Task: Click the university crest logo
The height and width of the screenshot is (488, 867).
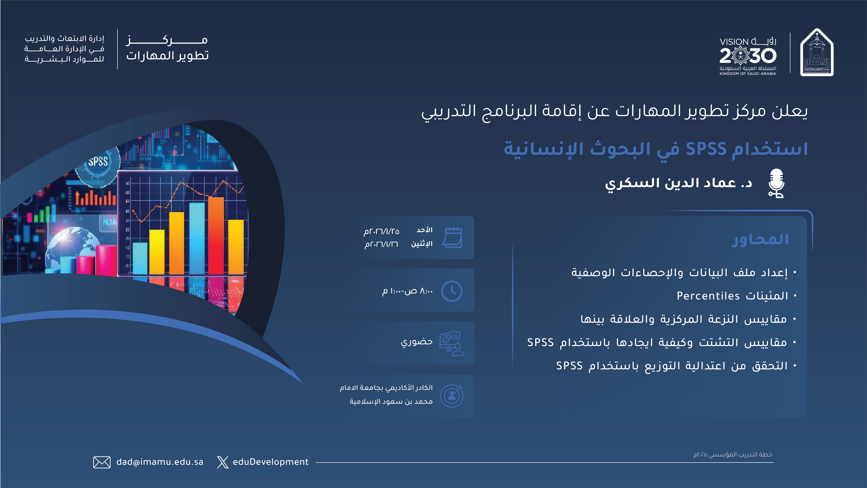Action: [x=817, y=52]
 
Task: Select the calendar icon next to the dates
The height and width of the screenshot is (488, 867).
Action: [x=452, y=237]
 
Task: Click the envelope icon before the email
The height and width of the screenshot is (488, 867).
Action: [x=102, y=462]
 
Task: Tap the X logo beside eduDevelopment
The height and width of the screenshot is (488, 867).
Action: [x=222, y=462]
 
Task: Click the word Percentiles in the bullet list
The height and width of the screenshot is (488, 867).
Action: [x=708, y=296]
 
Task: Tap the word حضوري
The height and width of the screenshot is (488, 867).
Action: [x=417, y=342]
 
